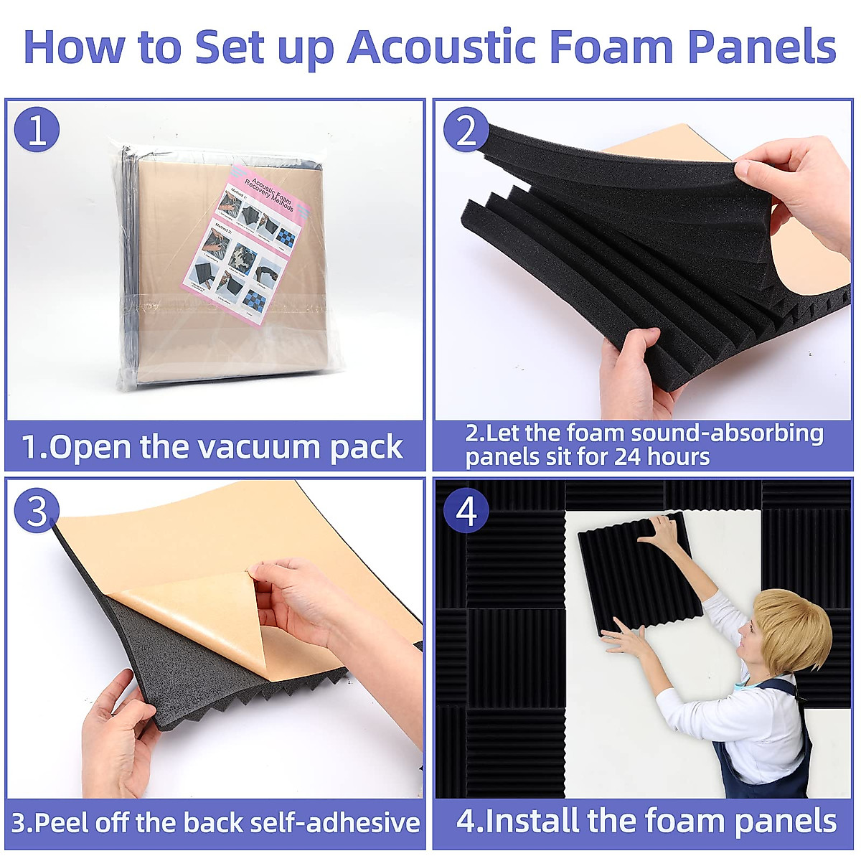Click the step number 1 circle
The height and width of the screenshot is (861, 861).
(37, 130)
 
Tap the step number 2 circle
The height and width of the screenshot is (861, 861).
(466, 130)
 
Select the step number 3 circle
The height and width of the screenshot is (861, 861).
(37, 510)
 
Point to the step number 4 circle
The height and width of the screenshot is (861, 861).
(466, 511)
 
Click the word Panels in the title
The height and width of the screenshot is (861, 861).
(761, 47)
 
